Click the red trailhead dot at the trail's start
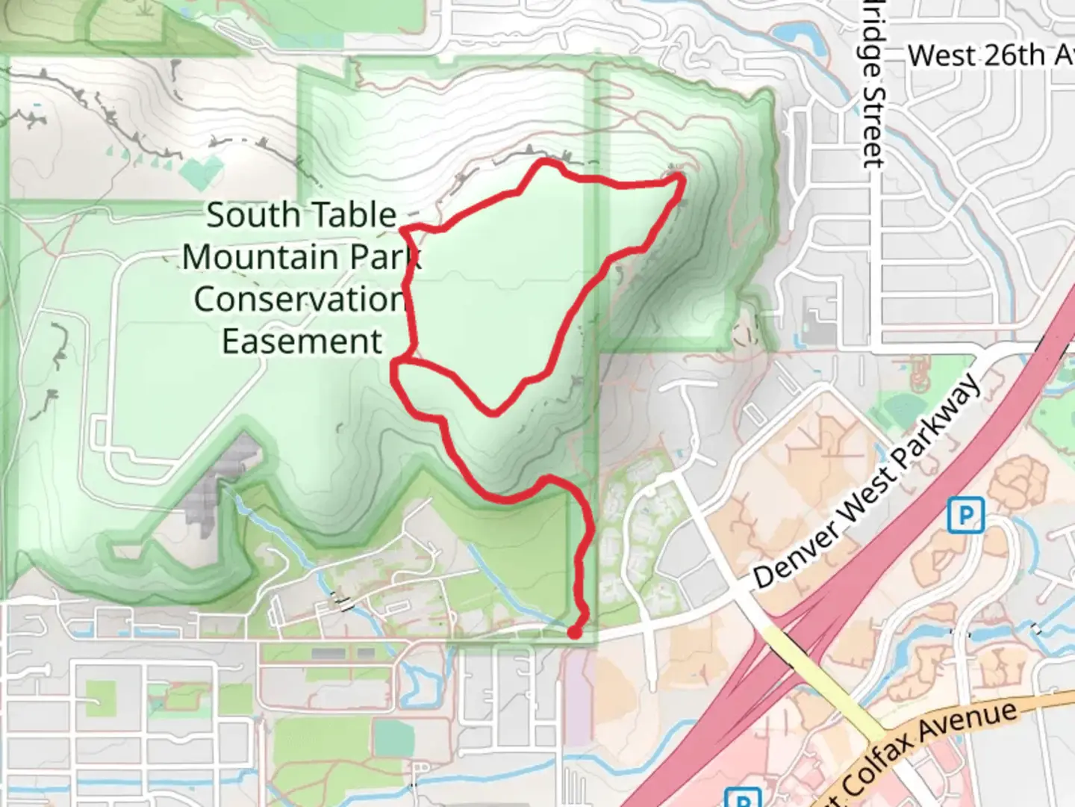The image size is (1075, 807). point(574,632)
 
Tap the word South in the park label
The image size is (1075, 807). point(252,216)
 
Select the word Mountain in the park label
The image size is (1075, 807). point(260,257)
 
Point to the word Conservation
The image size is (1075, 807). point(299,300)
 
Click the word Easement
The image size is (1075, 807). point(302,341)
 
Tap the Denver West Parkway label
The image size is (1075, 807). point(866,483)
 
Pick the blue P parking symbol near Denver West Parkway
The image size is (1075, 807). point(965,516)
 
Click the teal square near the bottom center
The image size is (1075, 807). point(393,738)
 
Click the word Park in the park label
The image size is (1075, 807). point(386,257)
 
